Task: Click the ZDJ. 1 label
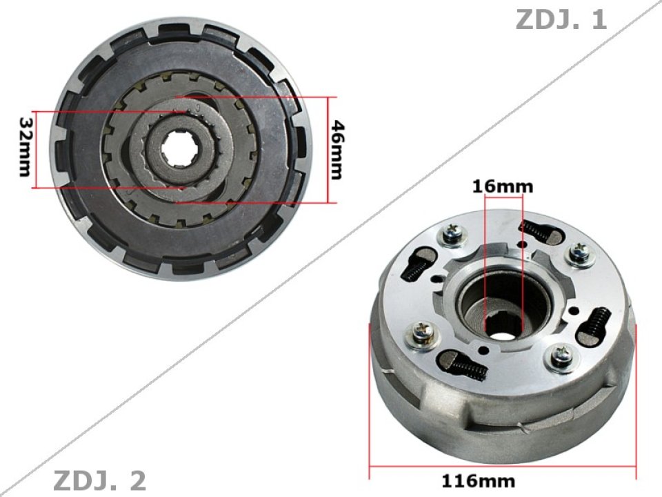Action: [561, 19]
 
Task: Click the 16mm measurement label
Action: [503, 186]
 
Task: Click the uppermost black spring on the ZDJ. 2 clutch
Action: [537, 230]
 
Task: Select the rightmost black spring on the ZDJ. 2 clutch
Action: [597, 324]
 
